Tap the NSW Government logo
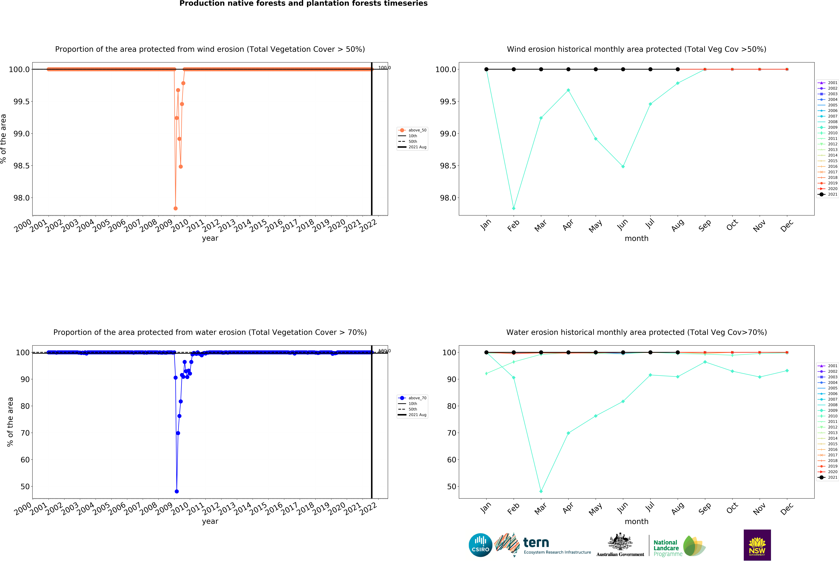click(757, 545)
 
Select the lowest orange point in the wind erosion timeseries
click(175, 208)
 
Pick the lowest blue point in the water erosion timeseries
click(177, 491)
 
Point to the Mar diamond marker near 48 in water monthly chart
click(541, 491)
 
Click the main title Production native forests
click(303, 4)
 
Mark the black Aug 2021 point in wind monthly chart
click(678, 69)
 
